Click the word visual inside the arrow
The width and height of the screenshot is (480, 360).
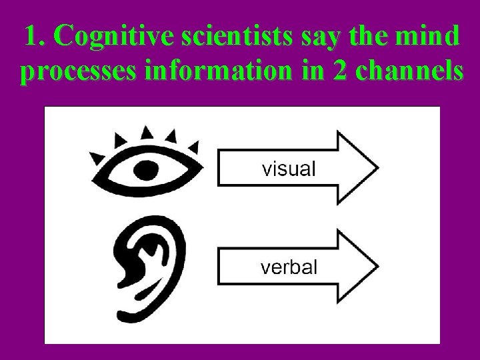(289, 169)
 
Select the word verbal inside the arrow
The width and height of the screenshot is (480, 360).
(289, 267)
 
